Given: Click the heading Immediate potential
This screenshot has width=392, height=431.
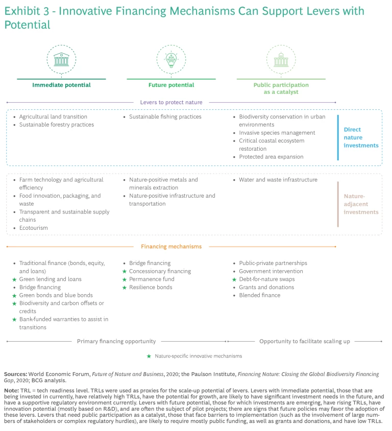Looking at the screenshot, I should click(61, 85).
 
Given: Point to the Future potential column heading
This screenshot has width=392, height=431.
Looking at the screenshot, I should click(171, 85).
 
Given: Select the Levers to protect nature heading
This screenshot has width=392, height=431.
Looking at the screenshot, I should click(171, 102).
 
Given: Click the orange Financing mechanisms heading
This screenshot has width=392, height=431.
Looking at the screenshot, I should click(171, 247).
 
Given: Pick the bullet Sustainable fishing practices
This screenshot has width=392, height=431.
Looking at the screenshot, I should click(165, 117).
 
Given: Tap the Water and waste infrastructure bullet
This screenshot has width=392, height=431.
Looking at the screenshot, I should click(278, 180).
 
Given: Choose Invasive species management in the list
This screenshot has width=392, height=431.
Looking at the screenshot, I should click(277, 133).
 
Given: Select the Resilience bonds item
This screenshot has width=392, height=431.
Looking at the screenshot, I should click(151, 288).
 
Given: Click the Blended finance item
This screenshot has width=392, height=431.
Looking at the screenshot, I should click(259, 295).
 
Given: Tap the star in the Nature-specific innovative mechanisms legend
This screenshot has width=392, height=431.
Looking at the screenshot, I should click(149, 356).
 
